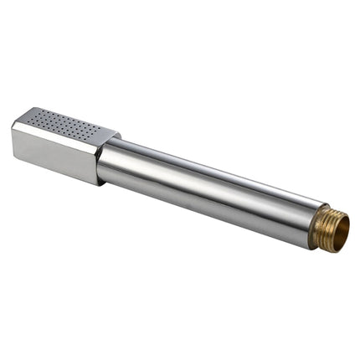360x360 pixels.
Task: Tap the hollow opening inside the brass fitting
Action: pos(339,229)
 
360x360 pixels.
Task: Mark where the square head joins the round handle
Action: pos(100,158)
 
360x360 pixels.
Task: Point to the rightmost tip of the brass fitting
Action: pos(348,231)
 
